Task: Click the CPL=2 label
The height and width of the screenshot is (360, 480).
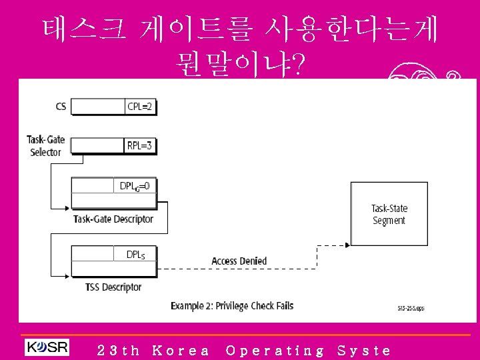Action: click(x=140, y=106)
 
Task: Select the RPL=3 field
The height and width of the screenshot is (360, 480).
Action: click(x=139, y=145)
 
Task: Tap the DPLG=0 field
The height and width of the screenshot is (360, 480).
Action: click(x=135, y=185)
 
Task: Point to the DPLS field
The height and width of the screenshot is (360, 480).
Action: click(x=136, y=254)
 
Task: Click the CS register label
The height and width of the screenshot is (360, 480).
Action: click(x=61, y=106)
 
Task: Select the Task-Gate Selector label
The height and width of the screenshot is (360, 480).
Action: click(x=45, y=145)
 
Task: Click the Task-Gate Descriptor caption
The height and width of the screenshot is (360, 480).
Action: click(x=113, y=219)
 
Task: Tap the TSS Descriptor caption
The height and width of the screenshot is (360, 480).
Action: click(x=113, y=287)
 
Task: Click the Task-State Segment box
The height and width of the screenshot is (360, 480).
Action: click(x=389, y=214)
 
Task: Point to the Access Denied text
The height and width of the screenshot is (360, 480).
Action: click(x=239, y=261)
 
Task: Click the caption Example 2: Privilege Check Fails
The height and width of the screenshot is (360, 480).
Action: click(x=232, y=306)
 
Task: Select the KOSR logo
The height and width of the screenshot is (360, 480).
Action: click(x=47, y=348)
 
